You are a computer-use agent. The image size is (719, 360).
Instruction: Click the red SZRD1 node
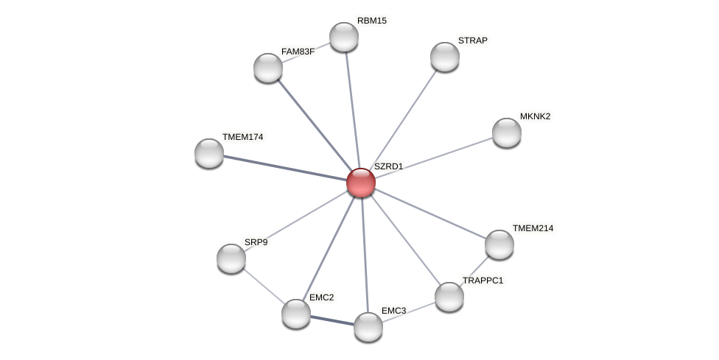pyautogui.click(x=361, y=183)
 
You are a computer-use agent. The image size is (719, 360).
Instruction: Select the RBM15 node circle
pyautogui.click(x=344, y=37)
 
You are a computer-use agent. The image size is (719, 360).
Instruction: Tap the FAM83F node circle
pyautogui.click(x=268, y=68)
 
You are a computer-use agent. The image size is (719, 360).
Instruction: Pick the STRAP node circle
pyautogui.click(x=445, y=57)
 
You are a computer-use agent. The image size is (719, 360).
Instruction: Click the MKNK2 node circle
pyautogui.click(x=507, y=133)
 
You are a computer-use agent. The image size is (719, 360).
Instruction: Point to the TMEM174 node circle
pyautogui.click(x=209, y=153)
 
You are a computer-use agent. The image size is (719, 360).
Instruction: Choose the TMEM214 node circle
pyautogui.click(x=499, y=244)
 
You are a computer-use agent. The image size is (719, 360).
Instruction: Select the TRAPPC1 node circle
pyautogui.click(x=449, y=297)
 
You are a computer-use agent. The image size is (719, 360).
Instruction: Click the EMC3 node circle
pyautogui.click(x=368, y=327)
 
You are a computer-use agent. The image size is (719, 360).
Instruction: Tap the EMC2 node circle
pyautogui.click(x=296, y=314)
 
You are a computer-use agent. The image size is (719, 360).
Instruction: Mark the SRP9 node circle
pyautogui.click(x=231, y=258)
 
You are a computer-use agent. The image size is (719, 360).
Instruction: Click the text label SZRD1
pyautogui.click(x=388, y=166)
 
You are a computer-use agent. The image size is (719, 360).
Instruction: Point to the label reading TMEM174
pyautogui.click(x=242, y=137)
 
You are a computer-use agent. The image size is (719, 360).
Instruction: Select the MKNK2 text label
pyautogui.click(x=535, y=116)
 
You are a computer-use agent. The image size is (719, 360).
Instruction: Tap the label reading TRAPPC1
pyautogui.click(x=483, y=280)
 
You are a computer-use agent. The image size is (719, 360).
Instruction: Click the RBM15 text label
pyautogui.click(x=371, y=21)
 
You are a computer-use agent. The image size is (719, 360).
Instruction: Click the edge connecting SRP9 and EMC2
pyautogui.click(x=264, y=286)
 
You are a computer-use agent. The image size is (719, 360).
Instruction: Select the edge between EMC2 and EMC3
pyautogui.click(x=332, y=320)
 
